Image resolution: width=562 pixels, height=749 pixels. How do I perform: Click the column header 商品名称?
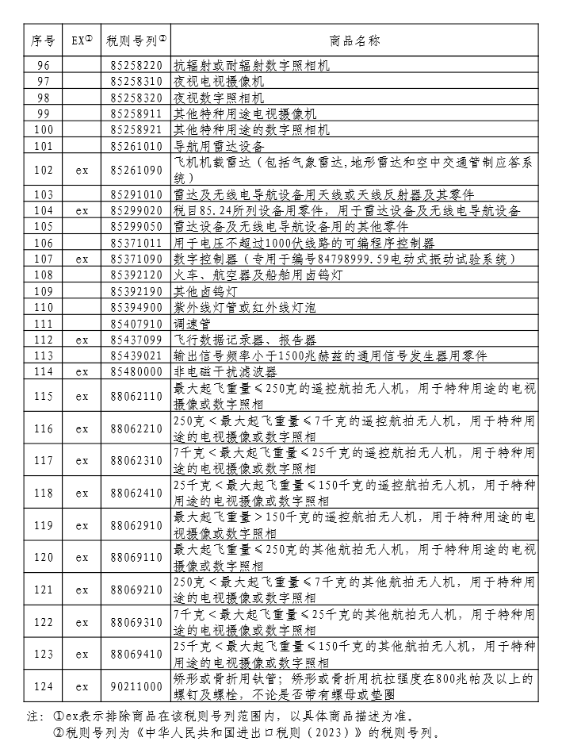[x=354, y=40]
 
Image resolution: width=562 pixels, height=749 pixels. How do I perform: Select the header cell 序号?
[x=43, y=40]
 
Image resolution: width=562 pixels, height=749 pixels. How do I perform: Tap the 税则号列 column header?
[x=136, y=40]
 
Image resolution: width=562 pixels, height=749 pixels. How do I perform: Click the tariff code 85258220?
[x=136, y=65]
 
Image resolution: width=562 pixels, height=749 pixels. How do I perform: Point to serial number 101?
[x=43, y=146]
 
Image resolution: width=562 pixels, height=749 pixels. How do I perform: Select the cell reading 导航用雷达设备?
[x=219, y=146]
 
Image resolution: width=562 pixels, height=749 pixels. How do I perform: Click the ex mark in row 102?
[x=82, y=170]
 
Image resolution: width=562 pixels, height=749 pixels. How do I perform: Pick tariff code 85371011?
[x=136, y=243]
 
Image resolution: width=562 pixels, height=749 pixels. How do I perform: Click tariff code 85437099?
[x=136, y=340]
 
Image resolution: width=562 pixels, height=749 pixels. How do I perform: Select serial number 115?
[x=43, y=396]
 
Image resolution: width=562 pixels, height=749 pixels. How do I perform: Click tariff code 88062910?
[x=136, y=525]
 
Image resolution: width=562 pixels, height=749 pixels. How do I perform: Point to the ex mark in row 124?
[x=82, y=686]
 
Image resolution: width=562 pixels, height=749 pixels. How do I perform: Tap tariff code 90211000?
[x=136, y=686]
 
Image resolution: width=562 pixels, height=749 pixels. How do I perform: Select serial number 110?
[x=43, y=307]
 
